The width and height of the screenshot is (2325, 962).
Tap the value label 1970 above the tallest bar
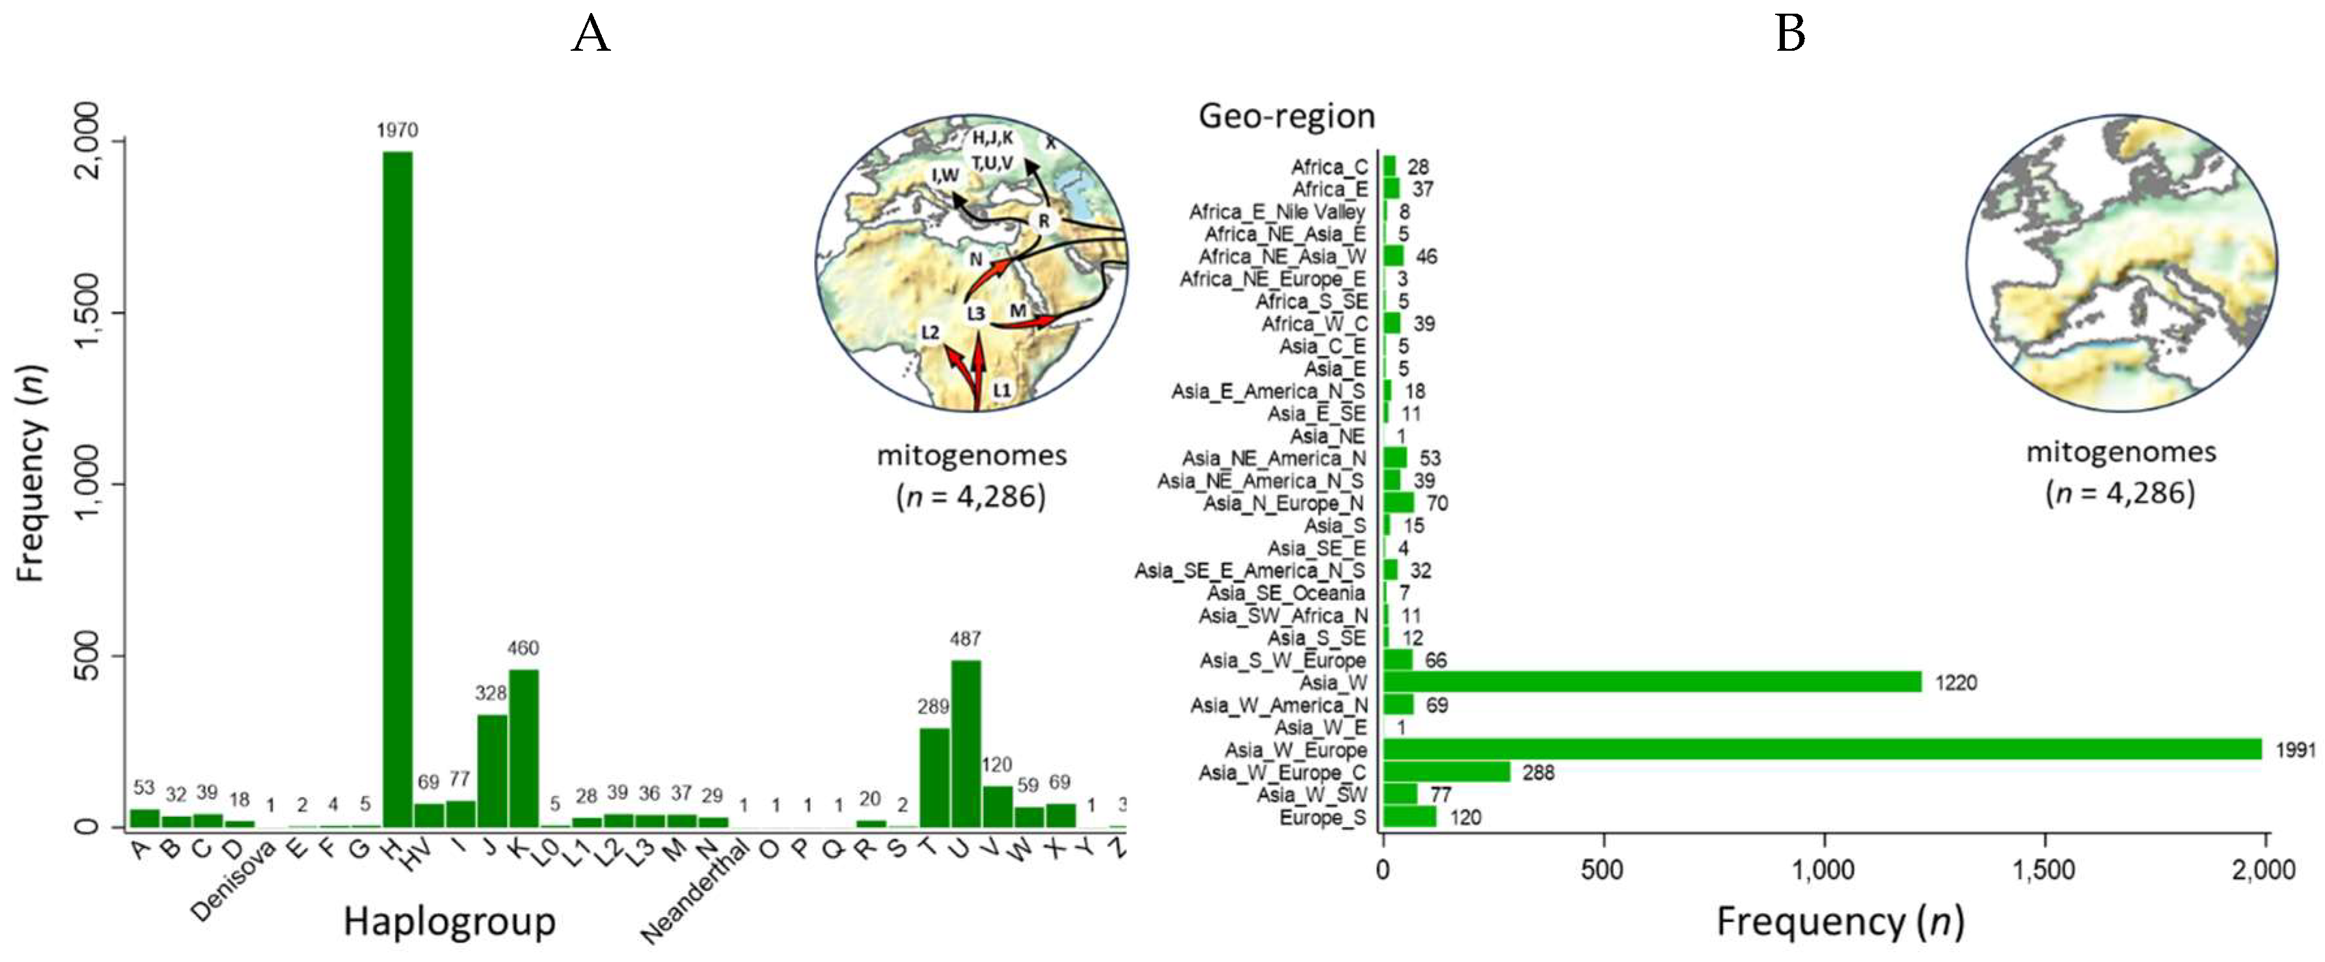pos(397,131)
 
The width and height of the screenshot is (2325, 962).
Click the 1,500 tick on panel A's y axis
pos(88,312)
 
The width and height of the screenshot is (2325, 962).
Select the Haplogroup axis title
pos(450,922)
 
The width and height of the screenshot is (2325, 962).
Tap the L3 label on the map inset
pos(975,313)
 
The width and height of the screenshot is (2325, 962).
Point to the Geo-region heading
pos(1286,117)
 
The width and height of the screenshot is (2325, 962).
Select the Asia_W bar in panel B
pos(1652,682)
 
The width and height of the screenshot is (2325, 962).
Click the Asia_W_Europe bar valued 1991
pos(1821,749)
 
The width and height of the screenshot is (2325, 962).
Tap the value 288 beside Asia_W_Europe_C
pos(1538,773)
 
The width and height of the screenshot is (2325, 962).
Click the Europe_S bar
pos(1409,817)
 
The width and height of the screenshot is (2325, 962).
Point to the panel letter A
pos(591,34)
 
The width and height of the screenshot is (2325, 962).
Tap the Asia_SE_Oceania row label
pos(1286,593)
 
